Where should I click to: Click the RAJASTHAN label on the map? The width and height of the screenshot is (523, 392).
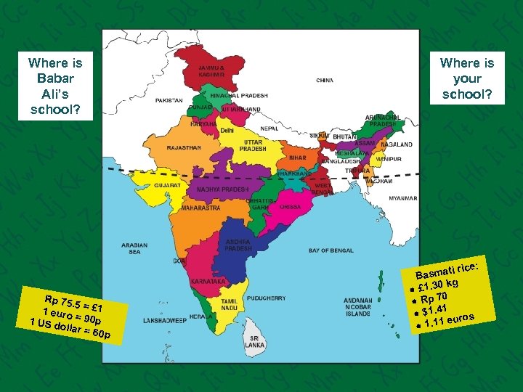[183, 147]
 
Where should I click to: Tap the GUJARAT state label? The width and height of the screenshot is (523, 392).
[166, 185]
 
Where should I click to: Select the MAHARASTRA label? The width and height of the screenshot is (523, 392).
[200, 208]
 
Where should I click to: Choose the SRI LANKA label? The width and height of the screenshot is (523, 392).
[254, 342]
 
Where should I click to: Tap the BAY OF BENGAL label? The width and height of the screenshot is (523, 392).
[331, 250]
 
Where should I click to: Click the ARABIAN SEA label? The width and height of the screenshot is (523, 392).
[134, 248]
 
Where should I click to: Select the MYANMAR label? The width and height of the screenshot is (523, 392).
[402, 197]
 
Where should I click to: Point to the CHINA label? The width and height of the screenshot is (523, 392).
[325, 80]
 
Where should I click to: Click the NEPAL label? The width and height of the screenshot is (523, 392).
[269, 128]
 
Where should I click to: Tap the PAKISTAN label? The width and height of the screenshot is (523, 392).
[169, 100]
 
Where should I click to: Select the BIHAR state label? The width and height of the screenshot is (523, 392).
[299, 157]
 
